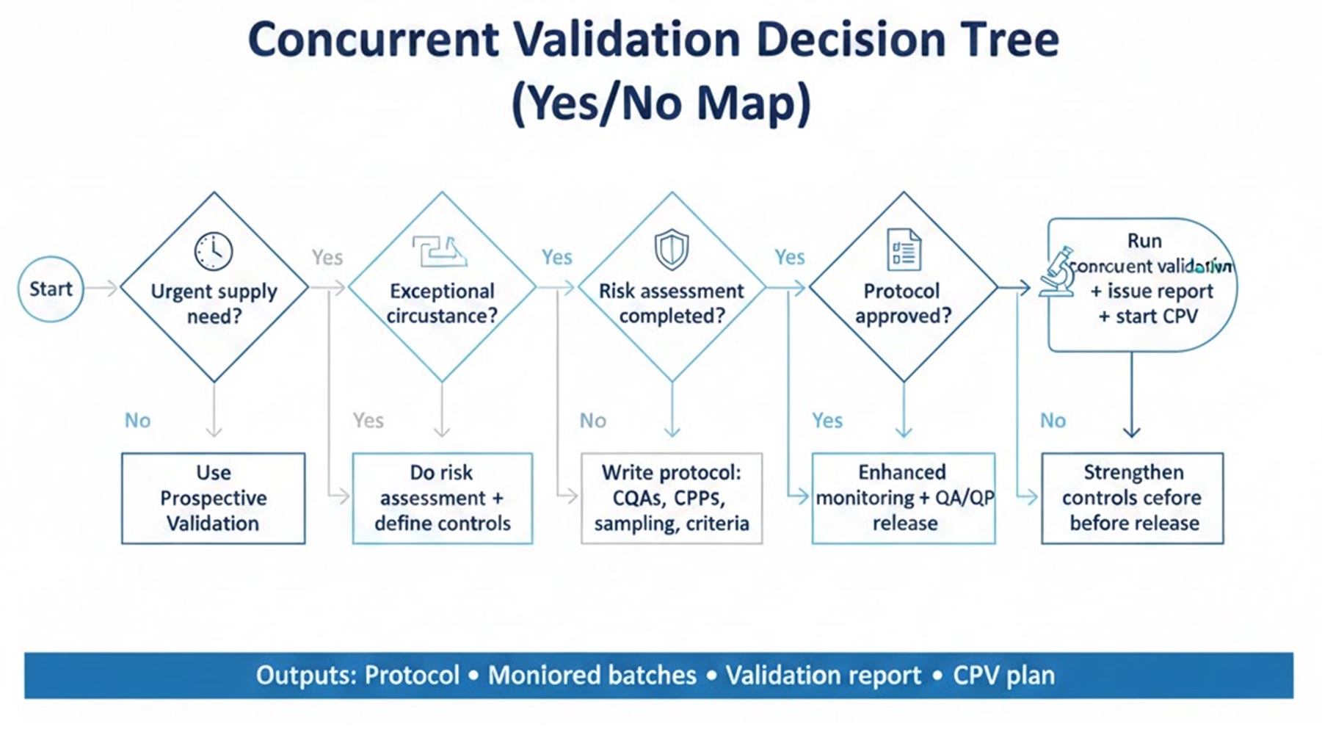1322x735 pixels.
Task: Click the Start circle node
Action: pyautogui.click(x=51, y=289)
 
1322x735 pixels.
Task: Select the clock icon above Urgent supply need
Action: pyautogui.click(x=214, y=251)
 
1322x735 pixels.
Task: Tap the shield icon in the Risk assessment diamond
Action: pyautogui.click(x=671, y=249)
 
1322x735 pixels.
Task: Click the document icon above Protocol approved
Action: pyautogui.click(x=904, y=250)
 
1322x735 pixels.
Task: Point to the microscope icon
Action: pyautogui.click(x=1057, y=273)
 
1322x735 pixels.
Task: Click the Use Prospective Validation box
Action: pyautogui.click(x=213, y=498)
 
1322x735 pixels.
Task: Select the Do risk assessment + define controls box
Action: pyautogui.click(x=442, y=498)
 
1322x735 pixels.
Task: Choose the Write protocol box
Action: pyautogui.click(x=671, y=498)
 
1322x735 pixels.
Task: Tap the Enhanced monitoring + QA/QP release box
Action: pyautogui.click(x=904, y=498)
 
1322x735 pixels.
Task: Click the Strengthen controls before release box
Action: pyautogui.click(x=1132, y=498)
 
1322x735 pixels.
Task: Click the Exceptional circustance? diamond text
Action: pyautogui.click(x=442, y=303)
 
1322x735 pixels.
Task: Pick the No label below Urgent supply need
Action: pyautogui.click(x=137, y=421)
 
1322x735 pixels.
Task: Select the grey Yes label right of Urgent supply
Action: pyautogui.click(x=327, y=258)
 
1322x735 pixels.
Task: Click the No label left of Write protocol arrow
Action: pyautogui.click(x=592, y=421)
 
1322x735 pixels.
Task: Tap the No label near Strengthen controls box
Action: pyautogui.click(x=1052, y=421)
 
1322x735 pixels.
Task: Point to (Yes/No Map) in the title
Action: pyautogui.click(x=661, y=103)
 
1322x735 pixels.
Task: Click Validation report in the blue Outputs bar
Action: pyautogui.click(x=823, y=676)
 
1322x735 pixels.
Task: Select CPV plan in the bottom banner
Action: pyautogui.click(x=1003, y=676)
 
